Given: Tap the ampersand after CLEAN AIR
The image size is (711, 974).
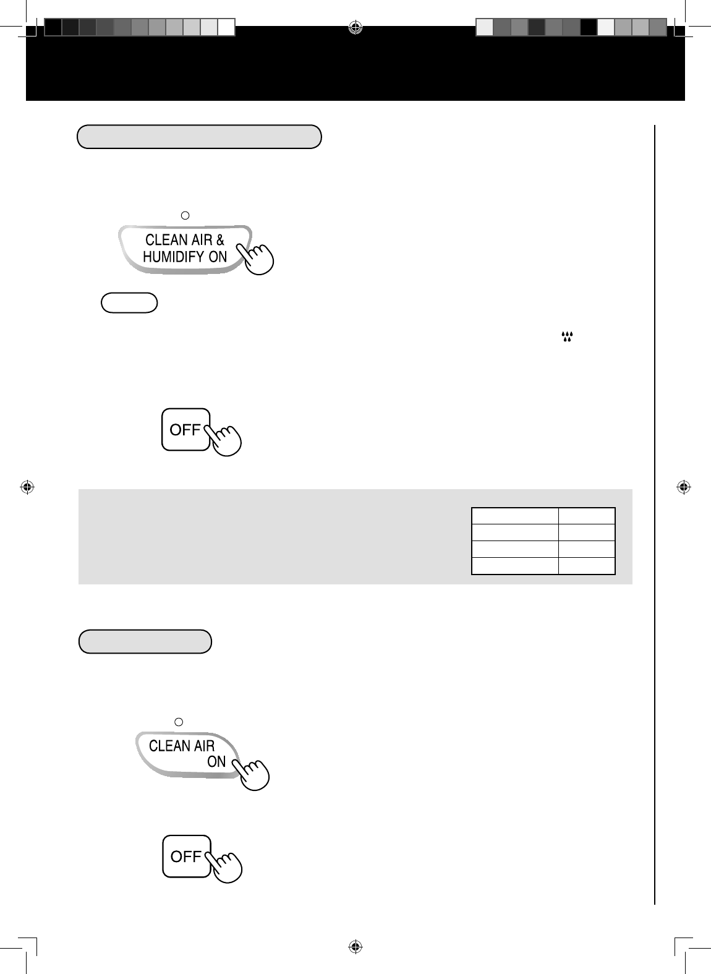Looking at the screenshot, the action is tap(220, 239).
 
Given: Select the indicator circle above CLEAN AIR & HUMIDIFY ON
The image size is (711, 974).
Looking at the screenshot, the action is tap(185, 215).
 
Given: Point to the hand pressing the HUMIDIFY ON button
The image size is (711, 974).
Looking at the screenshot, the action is tap(255, 258).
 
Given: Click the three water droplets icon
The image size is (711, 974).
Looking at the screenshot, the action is tap(567, 336).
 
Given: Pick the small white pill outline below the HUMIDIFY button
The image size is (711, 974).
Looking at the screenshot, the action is tap(129, 302).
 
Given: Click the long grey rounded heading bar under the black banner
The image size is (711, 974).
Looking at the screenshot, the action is tap(199, 137).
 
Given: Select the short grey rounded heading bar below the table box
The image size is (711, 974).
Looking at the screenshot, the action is tap(145, 641).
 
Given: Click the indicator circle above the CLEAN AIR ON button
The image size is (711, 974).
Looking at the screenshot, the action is tap(179, 722).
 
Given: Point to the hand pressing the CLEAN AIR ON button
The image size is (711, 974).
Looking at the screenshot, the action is tap(251, 774).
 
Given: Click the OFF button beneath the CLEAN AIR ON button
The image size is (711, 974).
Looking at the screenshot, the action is tap(187, 856).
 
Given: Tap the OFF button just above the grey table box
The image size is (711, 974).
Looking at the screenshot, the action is tap(185, 430).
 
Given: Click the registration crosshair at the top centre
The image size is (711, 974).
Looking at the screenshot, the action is tap(355, 28).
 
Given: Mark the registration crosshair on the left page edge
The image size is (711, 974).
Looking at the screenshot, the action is tap(27, 487).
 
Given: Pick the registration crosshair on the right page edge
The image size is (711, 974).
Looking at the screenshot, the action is tap(684, 487).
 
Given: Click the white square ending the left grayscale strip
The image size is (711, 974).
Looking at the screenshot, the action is tap(226, 27).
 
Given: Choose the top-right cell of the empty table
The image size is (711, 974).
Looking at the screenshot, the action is tap(587, 516).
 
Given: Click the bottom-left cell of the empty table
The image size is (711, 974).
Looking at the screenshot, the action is tap(515, 566).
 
